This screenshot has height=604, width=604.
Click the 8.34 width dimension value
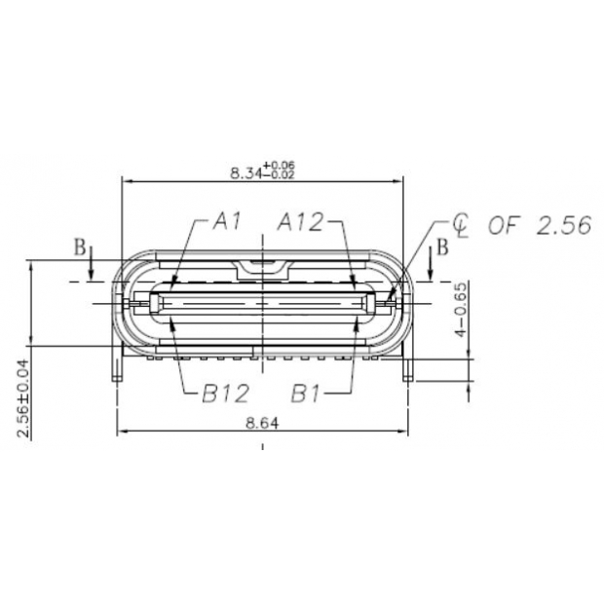[x=244, y=172]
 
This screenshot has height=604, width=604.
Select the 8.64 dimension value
[x=260, y=423]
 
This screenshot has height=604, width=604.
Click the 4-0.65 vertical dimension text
[x=463, y=310]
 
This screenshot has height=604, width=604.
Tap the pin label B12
[x=226, y=394]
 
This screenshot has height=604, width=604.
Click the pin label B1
[x=311, y=394]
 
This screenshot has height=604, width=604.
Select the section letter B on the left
[x=80, y=246]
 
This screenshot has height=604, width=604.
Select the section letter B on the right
[x=442, y=246]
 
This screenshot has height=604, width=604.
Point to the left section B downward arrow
[x=90, y=271]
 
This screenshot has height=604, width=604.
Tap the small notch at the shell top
[x=260, y=264]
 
